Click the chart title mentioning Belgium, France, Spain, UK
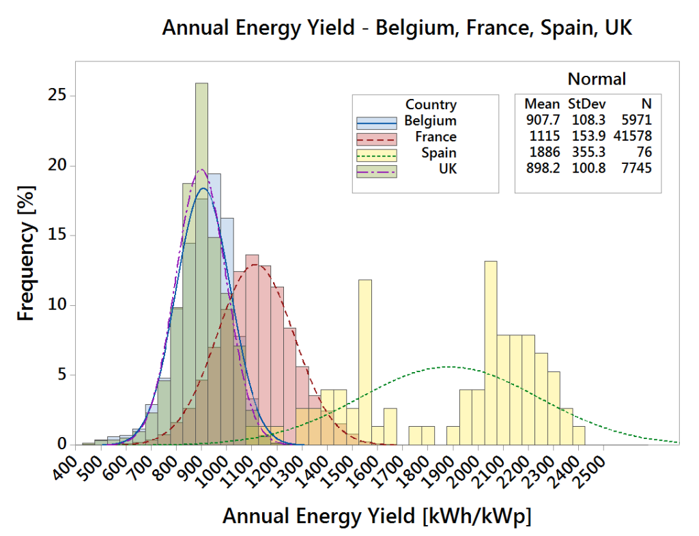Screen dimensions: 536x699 pos(397,29)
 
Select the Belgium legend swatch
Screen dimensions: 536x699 pos(376,122)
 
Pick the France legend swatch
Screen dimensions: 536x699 pos(376,137)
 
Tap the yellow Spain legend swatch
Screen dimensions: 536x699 pos(376,153)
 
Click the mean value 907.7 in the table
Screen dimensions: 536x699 pos(542,120)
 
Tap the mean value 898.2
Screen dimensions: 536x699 pos(542,167)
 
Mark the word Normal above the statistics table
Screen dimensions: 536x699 pos(597,79)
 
